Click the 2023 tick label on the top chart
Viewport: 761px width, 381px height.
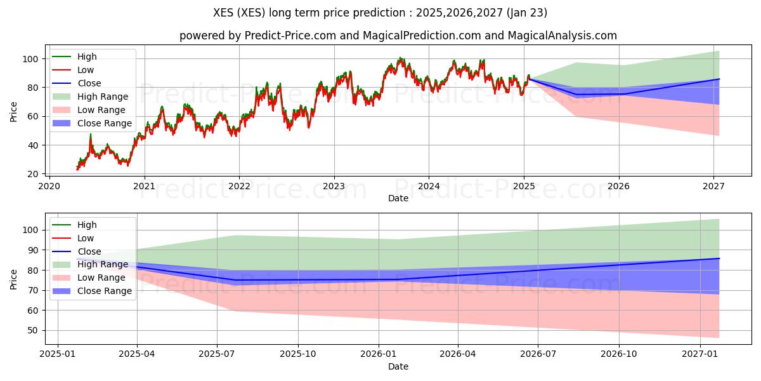[x=334, y=186]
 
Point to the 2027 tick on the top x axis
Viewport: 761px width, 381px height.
[x=713, y=186]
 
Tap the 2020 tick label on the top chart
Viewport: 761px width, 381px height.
[x=49, y=186]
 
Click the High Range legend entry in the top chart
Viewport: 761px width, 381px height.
[x=102, y=97]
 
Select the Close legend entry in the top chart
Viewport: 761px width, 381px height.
[x=89, y=83]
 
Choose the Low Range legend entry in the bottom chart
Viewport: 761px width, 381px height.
[x=101, y=277]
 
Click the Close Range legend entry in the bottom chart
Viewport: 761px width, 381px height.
[x=104, y=291]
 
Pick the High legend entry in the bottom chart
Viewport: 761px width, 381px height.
[x=87, y=225]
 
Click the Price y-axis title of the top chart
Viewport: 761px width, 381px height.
[x=14, y=111]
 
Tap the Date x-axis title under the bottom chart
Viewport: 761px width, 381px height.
[x=398, y=366]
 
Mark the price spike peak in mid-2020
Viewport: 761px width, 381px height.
[x=91, y=134]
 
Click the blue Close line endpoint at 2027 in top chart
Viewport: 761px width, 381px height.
[x=719, y=79]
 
